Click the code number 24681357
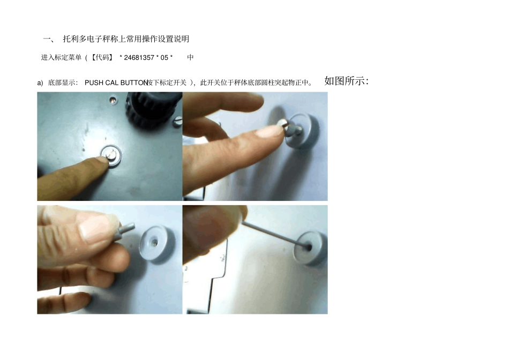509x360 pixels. [139, 57]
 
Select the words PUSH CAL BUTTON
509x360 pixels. [116, 83]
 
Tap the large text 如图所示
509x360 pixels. [346, 81]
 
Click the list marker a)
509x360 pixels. [40, 83]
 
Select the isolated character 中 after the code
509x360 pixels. [191, 57]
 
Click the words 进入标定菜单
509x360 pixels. [61, 57]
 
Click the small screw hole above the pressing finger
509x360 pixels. [112, 99]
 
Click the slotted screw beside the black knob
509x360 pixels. [178, 123]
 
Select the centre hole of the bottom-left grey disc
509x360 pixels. [154, 243]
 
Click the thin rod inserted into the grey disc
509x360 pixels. [273, 230]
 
